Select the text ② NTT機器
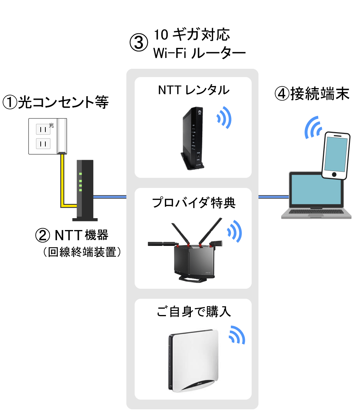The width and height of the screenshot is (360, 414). [x=72, y=236]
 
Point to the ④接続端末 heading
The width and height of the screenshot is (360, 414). [x=312, y=94]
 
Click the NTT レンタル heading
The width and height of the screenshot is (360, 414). [x=193, y=90]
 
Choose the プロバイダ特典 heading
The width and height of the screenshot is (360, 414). [x=193, y=203]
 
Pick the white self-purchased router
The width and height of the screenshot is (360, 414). [x=193, y=362]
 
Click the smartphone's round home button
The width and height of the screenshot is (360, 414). [x=334, y=175]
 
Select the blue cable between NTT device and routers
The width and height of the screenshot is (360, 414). [x=110, y=197]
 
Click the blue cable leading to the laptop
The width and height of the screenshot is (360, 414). [x=274, y=197]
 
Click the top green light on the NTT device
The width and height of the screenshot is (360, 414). [x=81, y=174]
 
